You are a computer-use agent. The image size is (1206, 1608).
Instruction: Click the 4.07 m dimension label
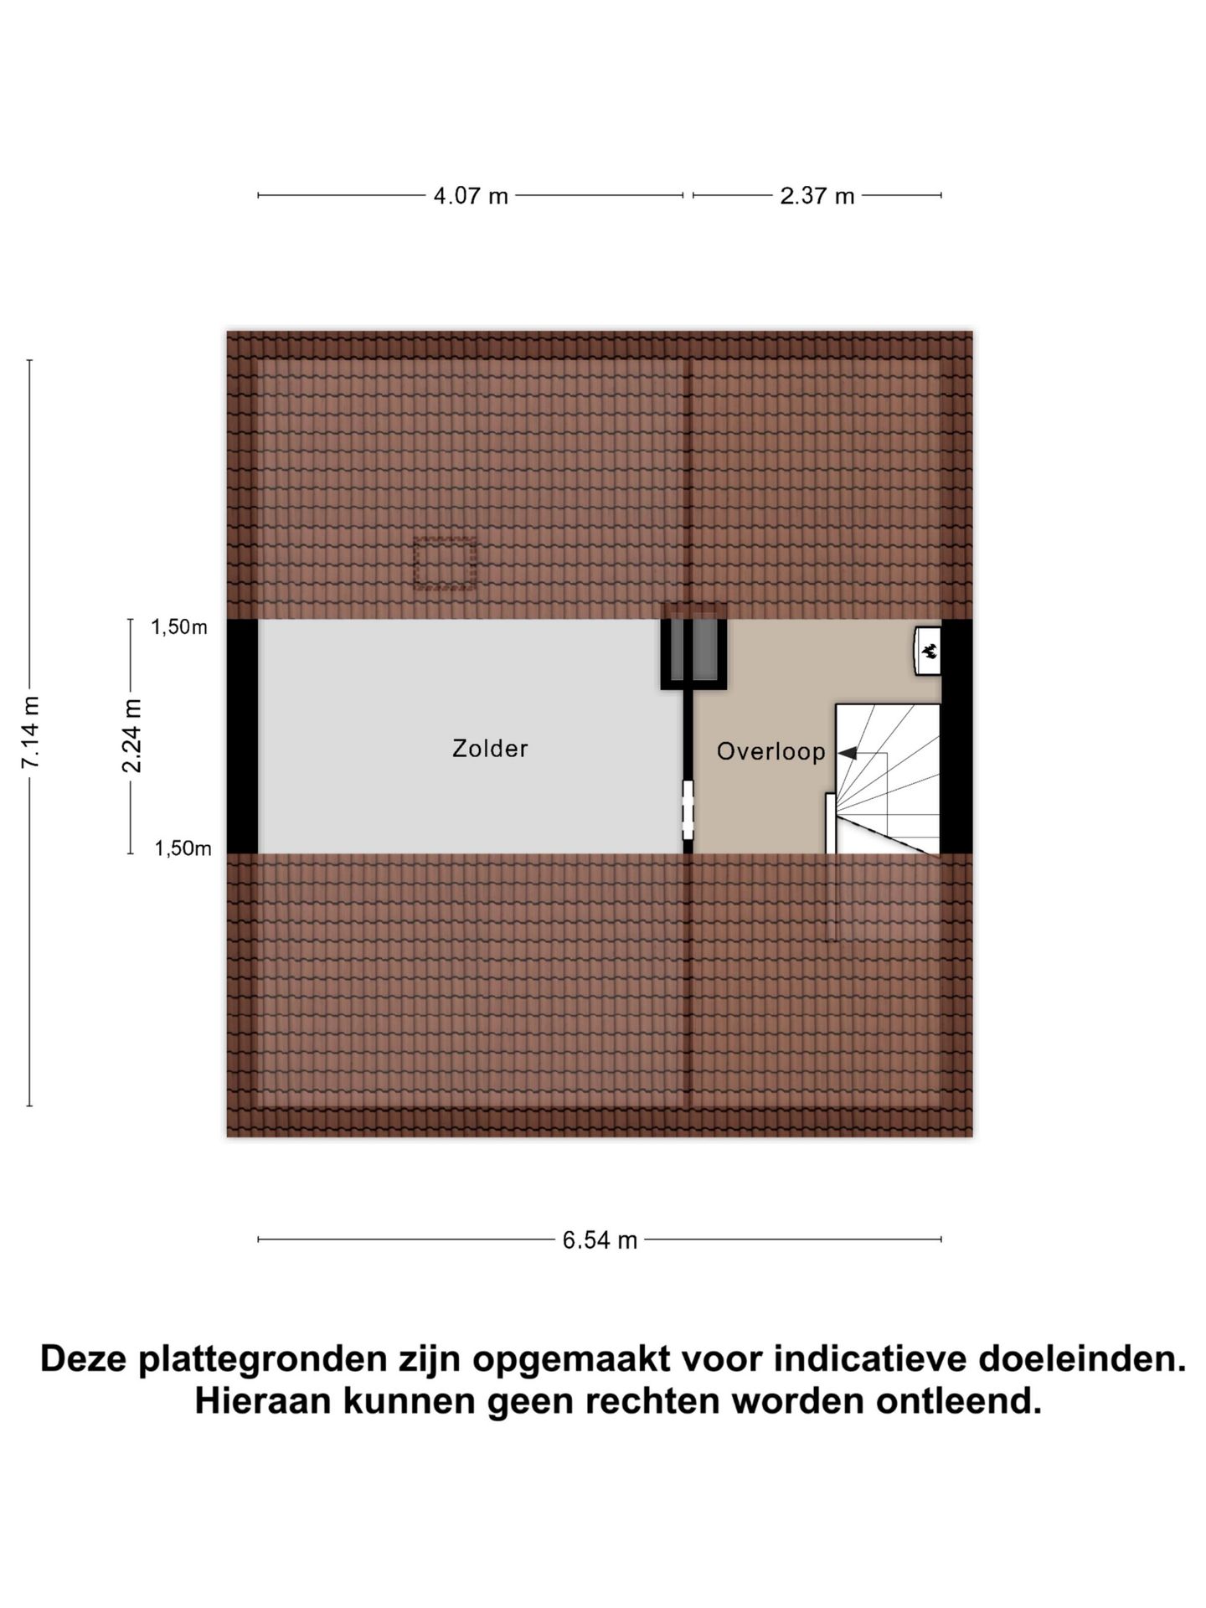tap(471, 196)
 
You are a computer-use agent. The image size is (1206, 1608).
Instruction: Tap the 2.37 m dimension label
tap(817, 196)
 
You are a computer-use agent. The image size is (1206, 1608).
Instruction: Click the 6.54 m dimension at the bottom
tap(600, 1240)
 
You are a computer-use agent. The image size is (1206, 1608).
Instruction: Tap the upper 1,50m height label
tap(179, 627)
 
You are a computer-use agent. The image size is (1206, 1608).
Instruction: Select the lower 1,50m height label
tap(183, 848)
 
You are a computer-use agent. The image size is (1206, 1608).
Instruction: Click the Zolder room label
tap(490, 748)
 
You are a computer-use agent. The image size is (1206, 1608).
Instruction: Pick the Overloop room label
tap(770, 751)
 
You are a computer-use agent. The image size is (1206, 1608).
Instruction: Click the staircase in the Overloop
tap(888, 779)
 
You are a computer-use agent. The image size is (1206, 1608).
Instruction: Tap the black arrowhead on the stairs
tap(847, 754)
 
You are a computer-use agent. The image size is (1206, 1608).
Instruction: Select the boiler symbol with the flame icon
tap(928, 651)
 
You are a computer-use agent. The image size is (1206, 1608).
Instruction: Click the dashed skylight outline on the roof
tap(445, 564)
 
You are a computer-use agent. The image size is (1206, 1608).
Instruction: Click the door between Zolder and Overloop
tap(688, 810)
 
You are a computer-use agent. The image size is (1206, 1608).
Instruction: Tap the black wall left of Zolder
tap(242, 736)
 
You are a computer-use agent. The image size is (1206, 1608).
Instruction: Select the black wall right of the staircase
tap(957, 736)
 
